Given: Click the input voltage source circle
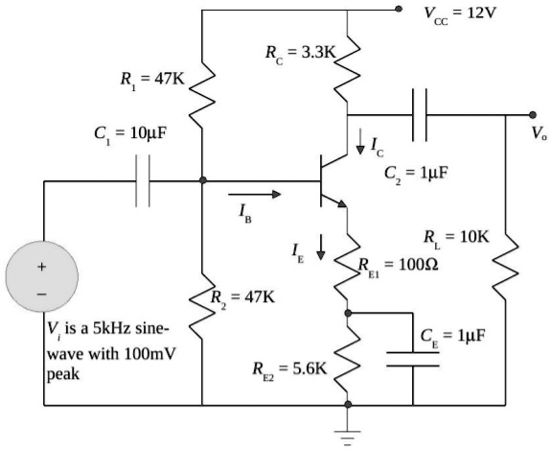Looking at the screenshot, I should (42, 276).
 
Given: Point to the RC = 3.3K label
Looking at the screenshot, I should (300, 53).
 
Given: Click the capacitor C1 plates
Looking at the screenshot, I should (143, 180).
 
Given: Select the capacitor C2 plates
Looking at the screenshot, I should (419, 114).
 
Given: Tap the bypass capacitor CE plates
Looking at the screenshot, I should (413, 360).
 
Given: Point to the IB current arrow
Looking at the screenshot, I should (263, 195).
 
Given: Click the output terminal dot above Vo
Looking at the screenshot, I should (533, 114).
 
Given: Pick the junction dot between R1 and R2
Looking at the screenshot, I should (203, 180).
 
